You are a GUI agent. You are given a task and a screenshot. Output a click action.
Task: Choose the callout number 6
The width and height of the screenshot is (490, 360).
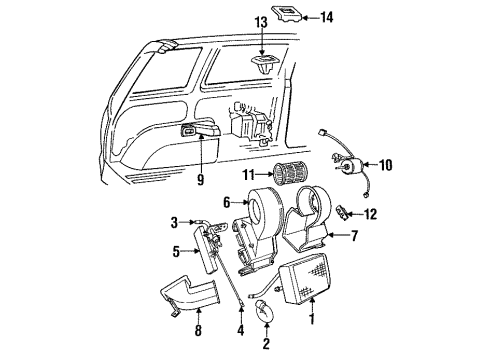pyautogui.click(x=228, y=201)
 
